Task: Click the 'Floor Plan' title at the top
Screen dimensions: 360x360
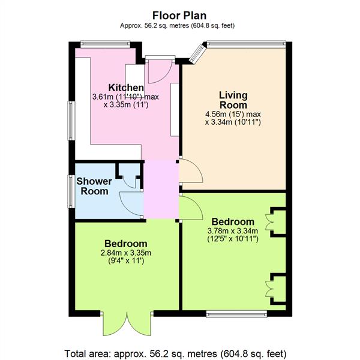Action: (x=179, y=16)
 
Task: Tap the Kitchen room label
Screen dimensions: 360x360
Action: (x=126, y=88)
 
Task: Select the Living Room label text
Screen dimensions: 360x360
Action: (x=233, y=100)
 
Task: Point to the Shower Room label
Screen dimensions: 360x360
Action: (x=94, y=186)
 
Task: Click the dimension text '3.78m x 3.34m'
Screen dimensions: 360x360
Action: (x=233, y=230)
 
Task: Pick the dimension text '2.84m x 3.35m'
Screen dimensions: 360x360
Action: (x=126, y=253)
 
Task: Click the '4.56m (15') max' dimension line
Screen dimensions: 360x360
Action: (x=233, y=114)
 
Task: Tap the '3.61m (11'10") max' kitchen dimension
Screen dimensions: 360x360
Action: (x=125, y=97)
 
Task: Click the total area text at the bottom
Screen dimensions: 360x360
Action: (x=176, y=353)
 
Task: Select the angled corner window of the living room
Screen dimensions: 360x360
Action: (x=197, y=53)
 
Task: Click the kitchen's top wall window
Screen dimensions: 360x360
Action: (x=106, y=44)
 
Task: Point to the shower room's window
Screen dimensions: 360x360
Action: (x=71, y=191)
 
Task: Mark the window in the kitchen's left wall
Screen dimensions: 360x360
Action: (x=71, y=121)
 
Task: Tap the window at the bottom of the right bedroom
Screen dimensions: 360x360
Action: (x=236, y=314)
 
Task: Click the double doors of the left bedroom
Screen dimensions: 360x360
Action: (x=127, y=324)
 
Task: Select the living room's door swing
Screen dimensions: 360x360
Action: (x=191, y=171)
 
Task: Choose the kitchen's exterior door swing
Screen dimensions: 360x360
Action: (x=160, y=71)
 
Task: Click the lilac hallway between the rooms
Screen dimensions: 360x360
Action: (x=161, y=189)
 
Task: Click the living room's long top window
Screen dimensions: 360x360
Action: (x=246, y=44)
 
